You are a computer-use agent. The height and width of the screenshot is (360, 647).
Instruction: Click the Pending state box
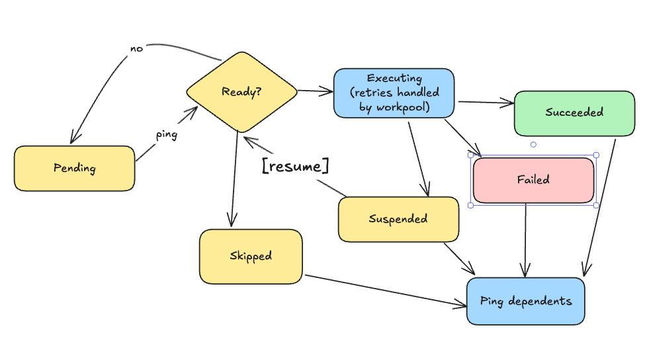[74, 168]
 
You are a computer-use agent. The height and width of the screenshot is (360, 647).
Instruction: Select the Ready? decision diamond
[241, 92]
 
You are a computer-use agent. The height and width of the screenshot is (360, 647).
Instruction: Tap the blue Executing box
[394, 93]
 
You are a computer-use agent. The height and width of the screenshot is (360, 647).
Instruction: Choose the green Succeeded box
[574, 112]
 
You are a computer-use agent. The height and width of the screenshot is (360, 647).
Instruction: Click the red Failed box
[533, 179]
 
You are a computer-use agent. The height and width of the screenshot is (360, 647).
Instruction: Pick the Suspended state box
[398, 219]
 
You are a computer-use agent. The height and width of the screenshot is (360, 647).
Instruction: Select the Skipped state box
[251, 256]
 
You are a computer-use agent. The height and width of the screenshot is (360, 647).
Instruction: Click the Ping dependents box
[525, 301]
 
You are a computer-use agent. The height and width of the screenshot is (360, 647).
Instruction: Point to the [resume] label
[295, 166]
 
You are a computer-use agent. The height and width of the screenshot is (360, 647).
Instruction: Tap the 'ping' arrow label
[166, 134]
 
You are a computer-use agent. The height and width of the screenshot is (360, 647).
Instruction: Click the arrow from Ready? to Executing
[315, 91]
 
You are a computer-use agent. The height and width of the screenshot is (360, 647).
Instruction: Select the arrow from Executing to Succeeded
[486, 103]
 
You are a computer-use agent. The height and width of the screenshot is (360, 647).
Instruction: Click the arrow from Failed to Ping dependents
[526, 240]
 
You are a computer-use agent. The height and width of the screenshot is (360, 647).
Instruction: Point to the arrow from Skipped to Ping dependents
[384, 290]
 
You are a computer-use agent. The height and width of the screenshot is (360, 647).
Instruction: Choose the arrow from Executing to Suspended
[419, 157]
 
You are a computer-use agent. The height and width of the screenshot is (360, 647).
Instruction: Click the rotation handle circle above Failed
[533, 144]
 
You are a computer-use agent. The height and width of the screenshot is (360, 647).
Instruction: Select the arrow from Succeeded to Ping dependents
[600, 205]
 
